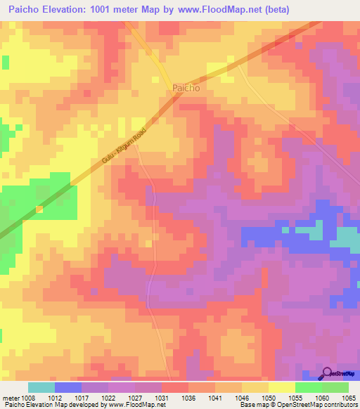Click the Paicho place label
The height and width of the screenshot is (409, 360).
[186, 89]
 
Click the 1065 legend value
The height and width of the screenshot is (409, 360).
[350, 397]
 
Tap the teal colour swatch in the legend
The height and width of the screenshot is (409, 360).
[41, 387]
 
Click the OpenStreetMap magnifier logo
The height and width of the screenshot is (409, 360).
[327, 373]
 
